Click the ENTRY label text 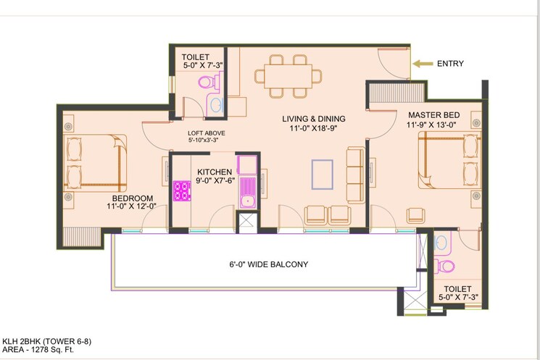(449, 64)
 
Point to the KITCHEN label (214, 172)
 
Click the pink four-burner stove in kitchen (181, 191)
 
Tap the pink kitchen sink (247, 195)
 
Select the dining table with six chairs (288, 75)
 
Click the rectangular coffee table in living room (323, 174)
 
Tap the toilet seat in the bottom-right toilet (447, 265)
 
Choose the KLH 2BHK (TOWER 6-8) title (46, 340)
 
